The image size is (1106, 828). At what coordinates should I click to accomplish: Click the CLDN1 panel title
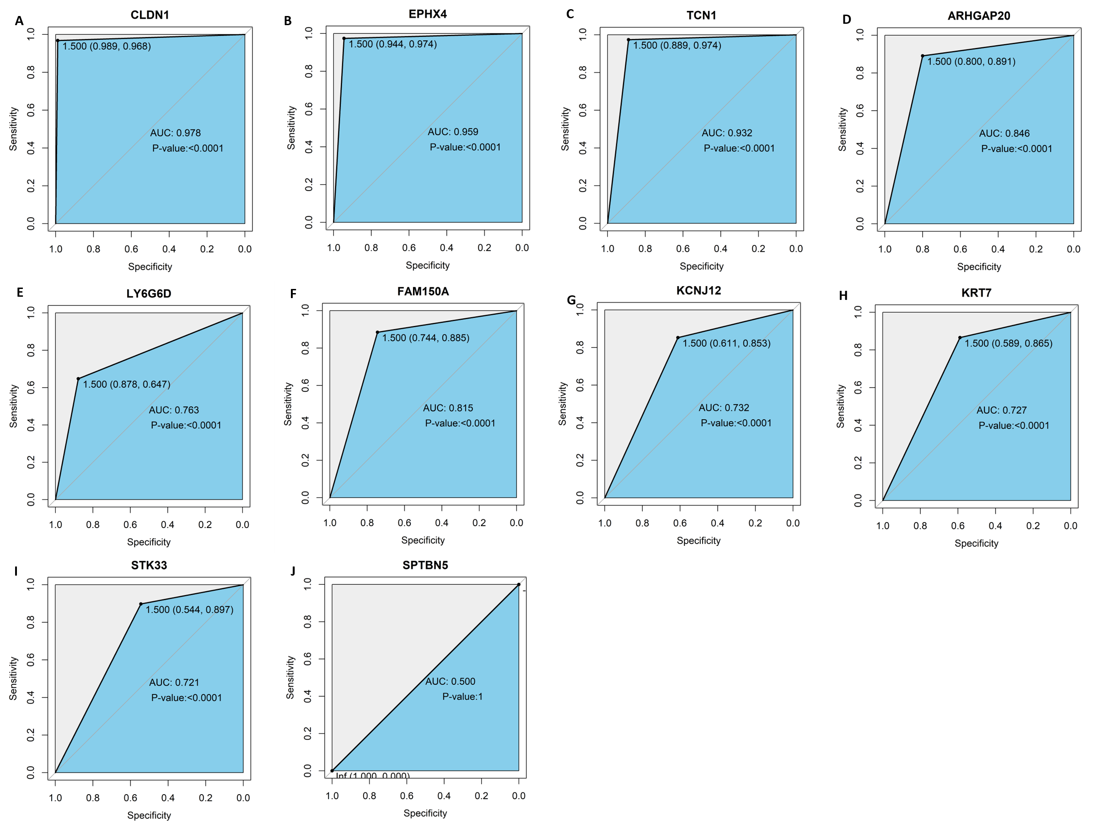[x=150, y=15]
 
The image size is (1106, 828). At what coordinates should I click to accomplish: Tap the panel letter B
[x=288, y=21]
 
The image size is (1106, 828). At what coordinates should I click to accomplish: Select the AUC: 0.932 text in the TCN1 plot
[x=726, y=133]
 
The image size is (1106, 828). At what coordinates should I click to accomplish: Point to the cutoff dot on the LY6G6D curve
[x=79, y=379]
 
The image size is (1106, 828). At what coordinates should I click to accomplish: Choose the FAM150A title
[x=423, y=291]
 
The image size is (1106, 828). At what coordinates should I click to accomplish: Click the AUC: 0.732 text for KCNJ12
[x=724, y=408]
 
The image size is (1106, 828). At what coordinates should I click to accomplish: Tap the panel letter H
[x=843, y=296]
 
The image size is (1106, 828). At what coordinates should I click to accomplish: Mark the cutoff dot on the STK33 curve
[x=141, y=604]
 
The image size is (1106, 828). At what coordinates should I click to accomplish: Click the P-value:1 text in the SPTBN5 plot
[x=462, y=697]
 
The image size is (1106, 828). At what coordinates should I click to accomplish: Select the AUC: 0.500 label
[x=450, y=682]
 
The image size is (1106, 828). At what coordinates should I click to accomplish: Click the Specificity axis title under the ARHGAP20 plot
[x=978, y=267]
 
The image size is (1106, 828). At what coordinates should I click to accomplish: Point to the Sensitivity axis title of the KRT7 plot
[x=841, y=406]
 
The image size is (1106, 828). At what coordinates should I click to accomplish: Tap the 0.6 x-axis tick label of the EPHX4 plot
[x=408, y=248]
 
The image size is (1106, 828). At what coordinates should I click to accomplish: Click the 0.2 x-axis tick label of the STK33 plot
[x=205, y=798]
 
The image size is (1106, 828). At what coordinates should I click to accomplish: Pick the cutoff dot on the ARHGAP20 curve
[x=923, y=56]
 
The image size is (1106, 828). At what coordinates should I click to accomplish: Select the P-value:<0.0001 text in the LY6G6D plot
[x=186, y=425]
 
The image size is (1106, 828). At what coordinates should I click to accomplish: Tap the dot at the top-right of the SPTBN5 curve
[x=519, y=584]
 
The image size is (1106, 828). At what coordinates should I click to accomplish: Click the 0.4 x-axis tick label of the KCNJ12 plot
[x=717, y=523]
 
